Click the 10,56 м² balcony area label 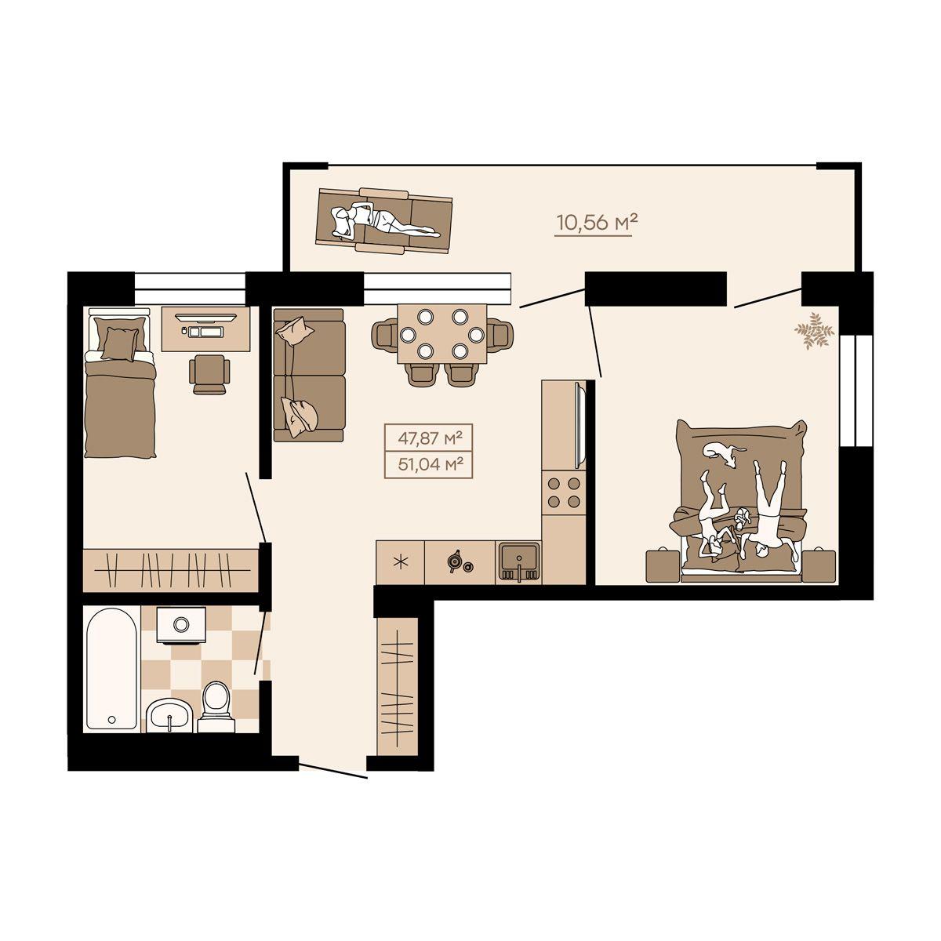click(598, 223)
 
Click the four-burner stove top click(564, 492)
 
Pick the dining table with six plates click(442, 334)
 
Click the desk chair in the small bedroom click(209, 374)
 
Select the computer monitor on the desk click(205, 317)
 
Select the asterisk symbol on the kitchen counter click(400, 562)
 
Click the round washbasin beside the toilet click(169, 716)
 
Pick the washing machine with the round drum click(180, 625)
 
